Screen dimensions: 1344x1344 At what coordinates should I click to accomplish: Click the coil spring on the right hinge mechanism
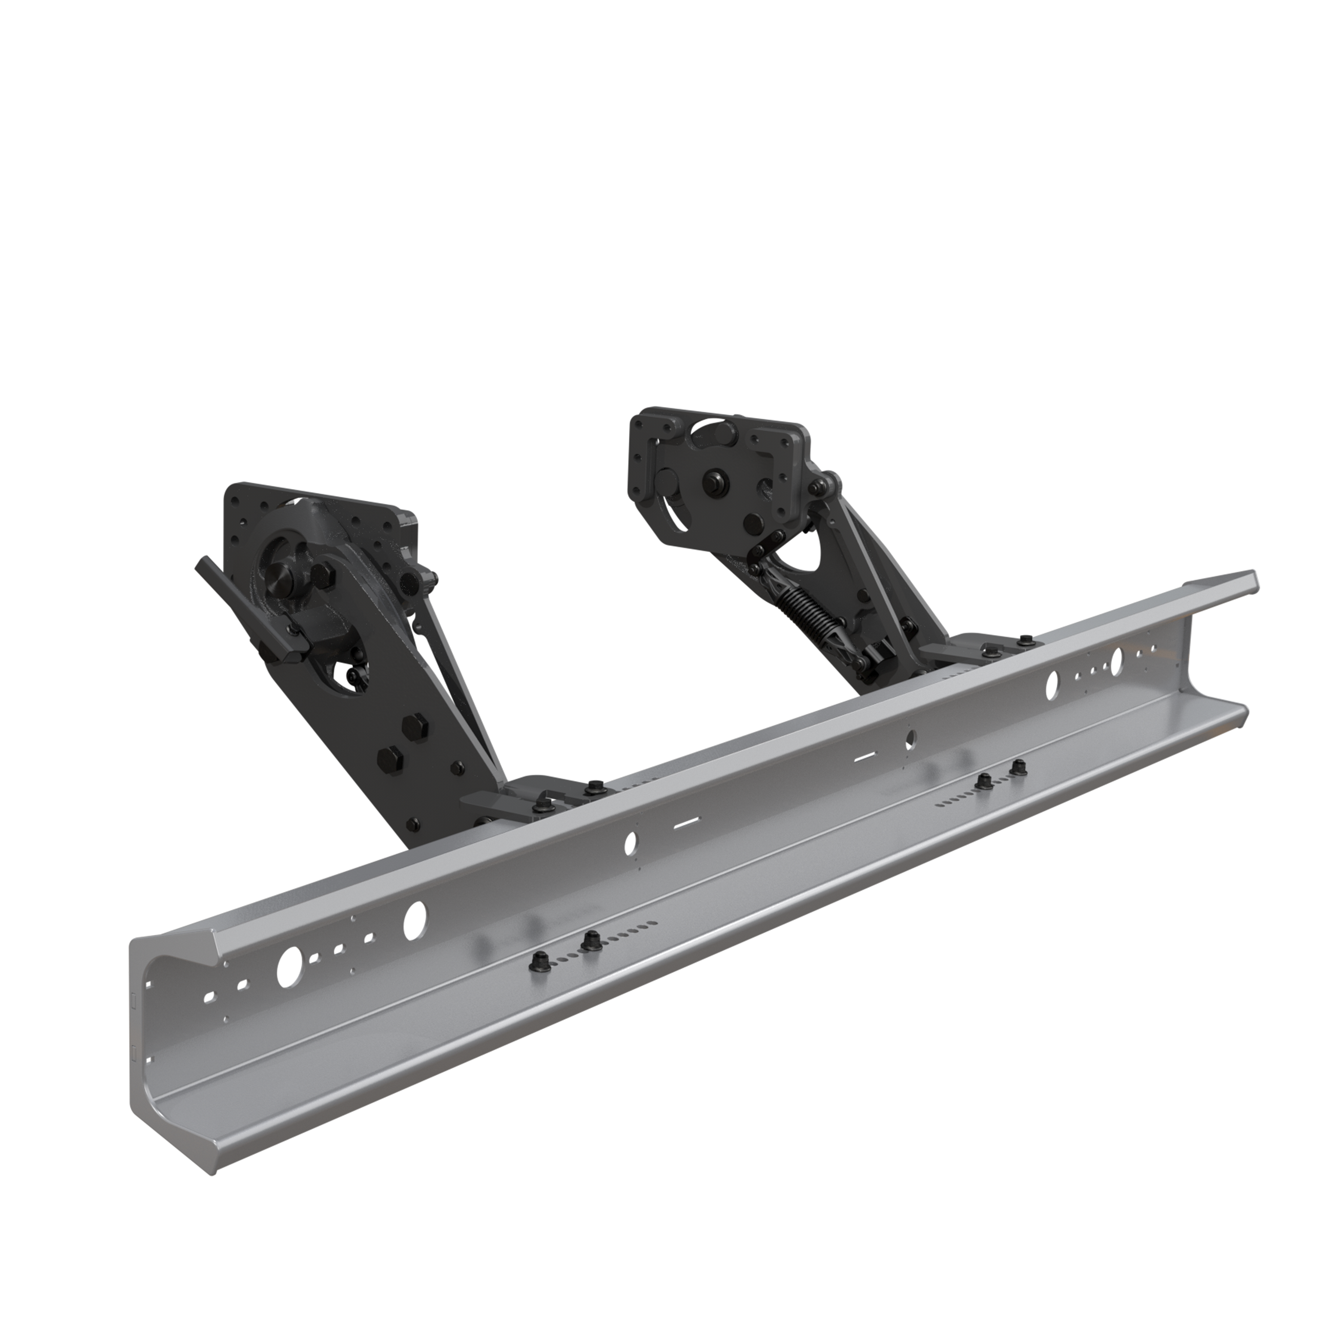pos(810,612)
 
